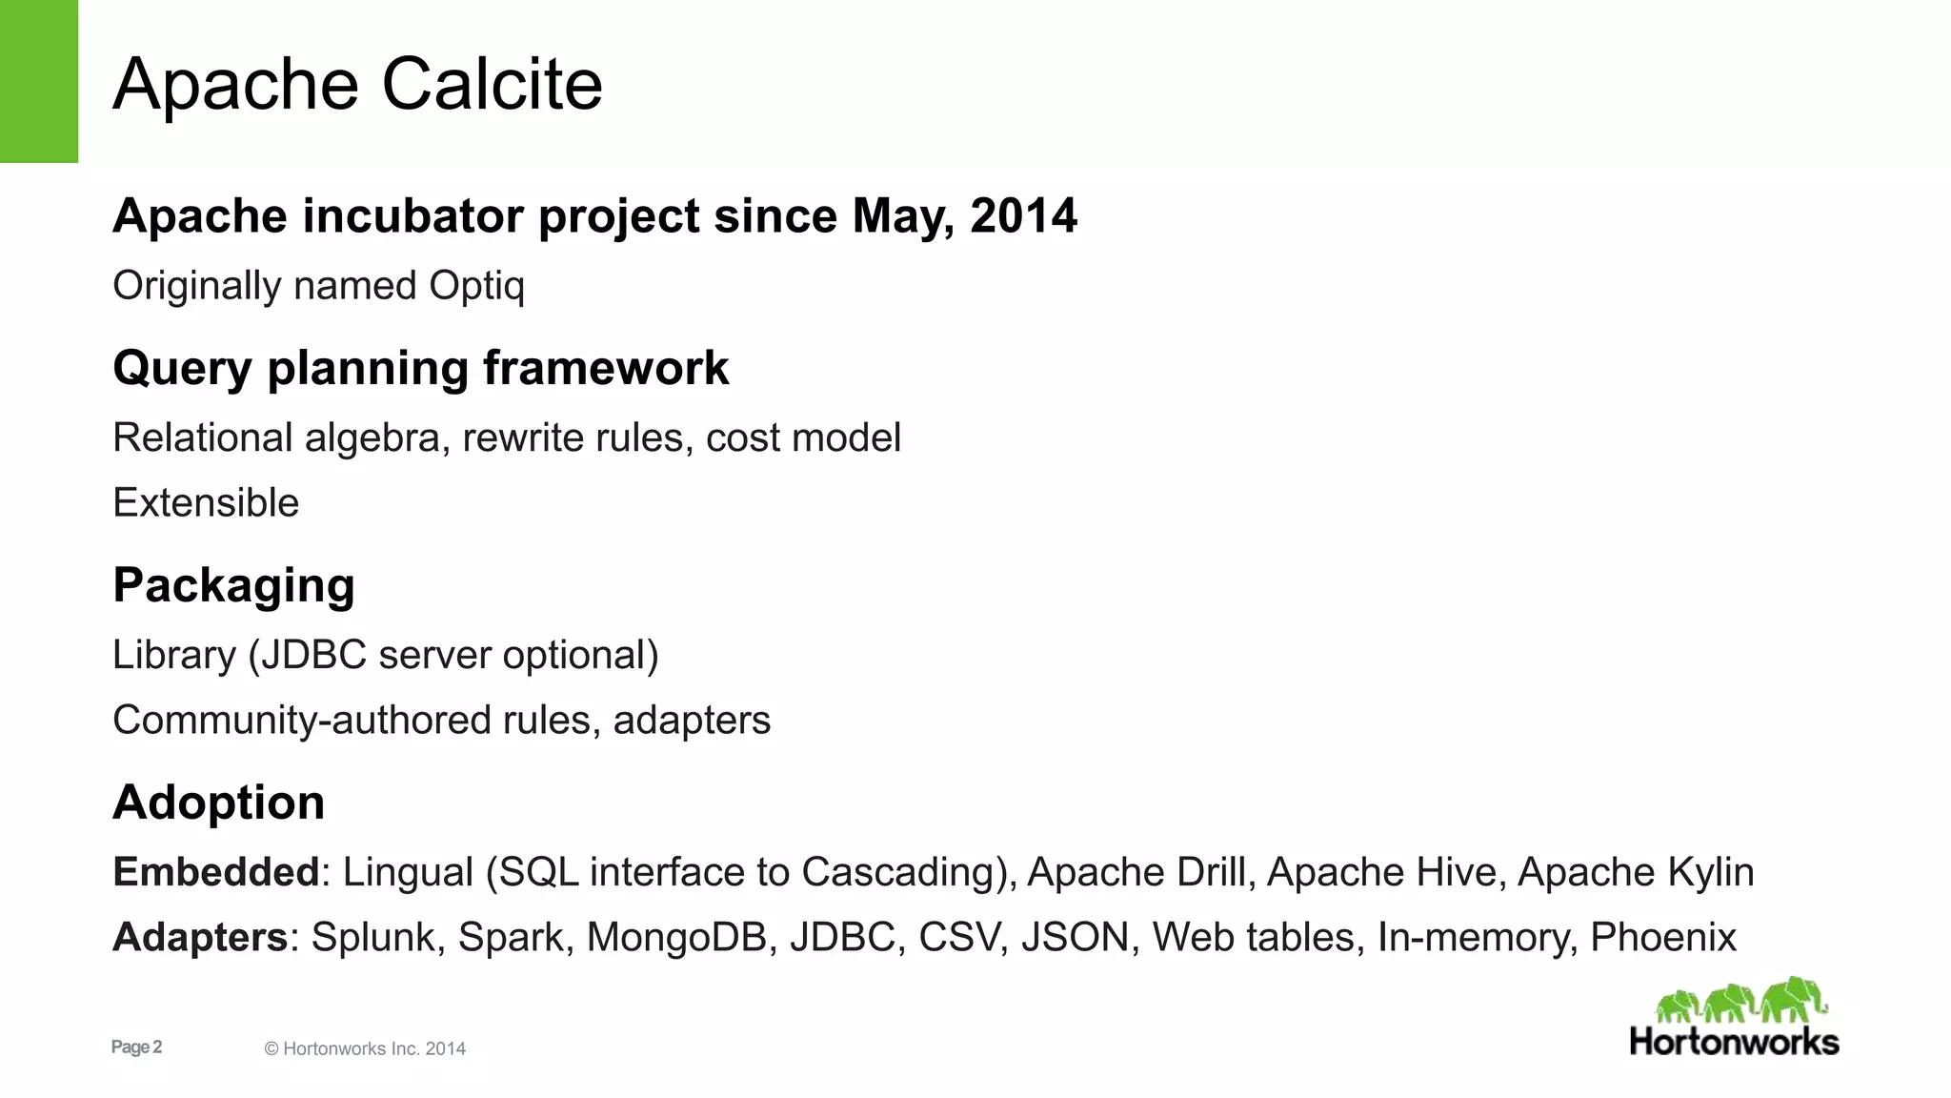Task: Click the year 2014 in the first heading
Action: pyautogui.click(x=1023, y=215)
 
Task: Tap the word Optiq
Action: pyautogui.click(x=476, y=286)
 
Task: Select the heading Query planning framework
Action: pyautogui.click(x=420, y=368)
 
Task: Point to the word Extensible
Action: pyautogui.click(x=206, y=503)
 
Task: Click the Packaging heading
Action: pyautogui.click(x=233, y=585)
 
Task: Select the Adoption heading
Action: pyautogui.click(x=219, y=803)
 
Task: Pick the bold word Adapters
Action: pyautogui.click(x=200, y=938)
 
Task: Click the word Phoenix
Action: pyautogui.click(x=1663, y=938)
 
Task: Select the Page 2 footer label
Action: pyautogui.click(x=136, y=1047)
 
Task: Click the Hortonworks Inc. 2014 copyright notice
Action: pyautogui.click(x=365, y=1049)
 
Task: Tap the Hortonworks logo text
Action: pyautogui.click(x=1734, y=1042)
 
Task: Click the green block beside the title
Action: pyautogui.click(x=38, y=81)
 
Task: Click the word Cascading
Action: pyautogui.click(x=898, y=873)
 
